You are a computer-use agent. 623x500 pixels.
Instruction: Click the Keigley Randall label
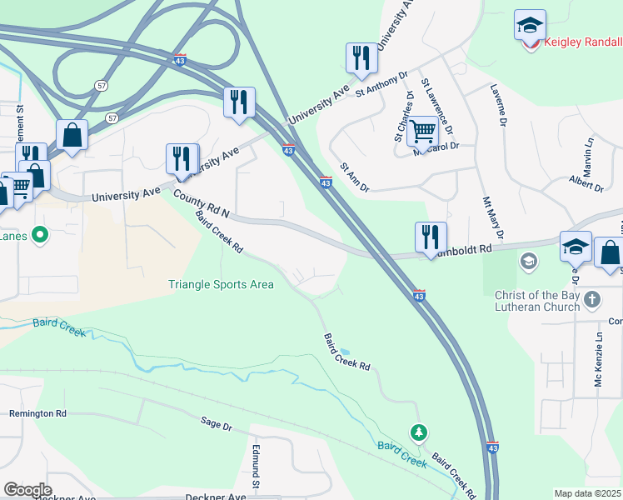(x=582, y=42)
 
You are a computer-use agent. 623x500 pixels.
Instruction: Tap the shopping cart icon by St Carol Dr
(x=423, y=130)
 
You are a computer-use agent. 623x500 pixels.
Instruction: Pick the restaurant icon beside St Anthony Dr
(x=361, y=57)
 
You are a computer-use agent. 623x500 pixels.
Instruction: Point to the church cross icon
(x=591, y=298)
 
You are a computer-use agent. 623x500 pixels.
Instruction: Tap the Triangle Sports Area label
(x=221, y=284)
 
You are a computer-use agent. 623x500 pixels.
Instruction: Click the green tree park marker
(x=420, y=432)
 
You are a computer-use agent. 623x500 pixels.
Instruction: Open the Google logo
(x=27, y=489)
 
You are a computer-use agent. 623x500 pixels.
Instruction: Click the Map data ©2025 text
(x=587, y=493)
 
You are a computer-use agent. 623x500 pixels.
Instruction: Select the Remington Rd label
(x=37, y=413)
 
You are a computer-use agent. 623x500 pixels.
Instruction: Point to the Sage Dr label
(x=216, y=423)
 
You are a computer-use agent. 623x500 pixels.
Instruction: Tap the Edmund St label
(x=257, y=467)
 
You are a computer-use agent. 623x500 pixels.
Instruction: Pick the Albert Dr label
(x=585, y=182)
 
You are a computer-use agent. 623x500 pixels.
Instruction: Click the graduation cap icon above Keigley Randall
(x=529, y=25)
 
